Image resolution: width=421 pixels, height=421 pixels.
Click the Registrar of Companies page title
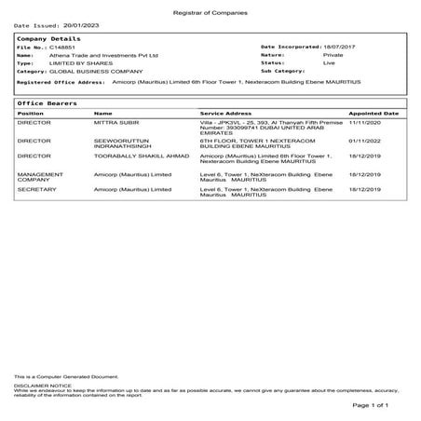(210, 7)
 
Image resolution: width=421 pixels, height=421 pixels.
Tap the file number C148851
(63, 47)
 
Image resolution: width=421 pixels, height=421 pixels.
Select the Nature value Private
(333, 55)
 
